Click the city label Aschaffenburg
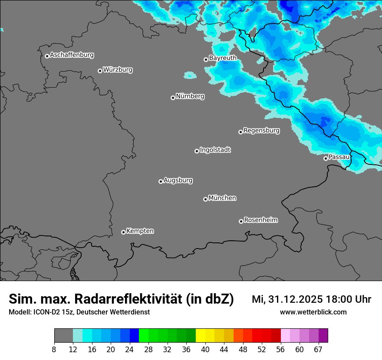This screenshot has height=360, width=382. (x=72, y=55)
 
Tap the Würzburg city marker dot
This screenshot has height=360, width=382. (x=100, y=71)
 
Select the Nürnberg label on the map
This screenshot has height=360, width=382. (x=190, y=96)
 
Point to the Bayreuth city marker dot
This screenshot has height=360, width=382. (x=206, y=59)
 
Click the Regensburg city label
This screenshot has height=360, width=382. (x=261, y=130)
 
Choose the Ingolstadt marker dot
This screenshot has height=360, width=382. (x=197, y=151)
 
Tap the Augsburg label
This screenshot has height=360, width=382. (x=178, y=180)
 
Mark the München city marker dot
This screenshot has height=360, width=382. (x=205, y=199)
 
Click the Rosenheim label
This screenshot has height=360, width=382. (x=261, y=220)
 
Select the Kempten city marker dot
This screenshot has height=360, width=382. (x=123, y=232)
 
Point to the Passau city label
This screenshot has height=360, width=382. (x=339, y=157)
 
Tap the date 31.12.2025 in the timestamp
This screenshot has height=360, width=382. (x=293, y=299)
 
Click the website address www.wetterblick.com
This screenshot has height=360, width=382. (x=313, y=312)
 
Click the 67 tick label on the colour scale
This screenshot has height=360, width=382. (x=318, y=349)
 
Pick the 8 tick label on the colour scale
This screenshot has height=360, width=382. (x=54, y=349)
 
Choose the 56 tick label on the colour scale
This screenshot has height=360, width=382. (x=281, y=349)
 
